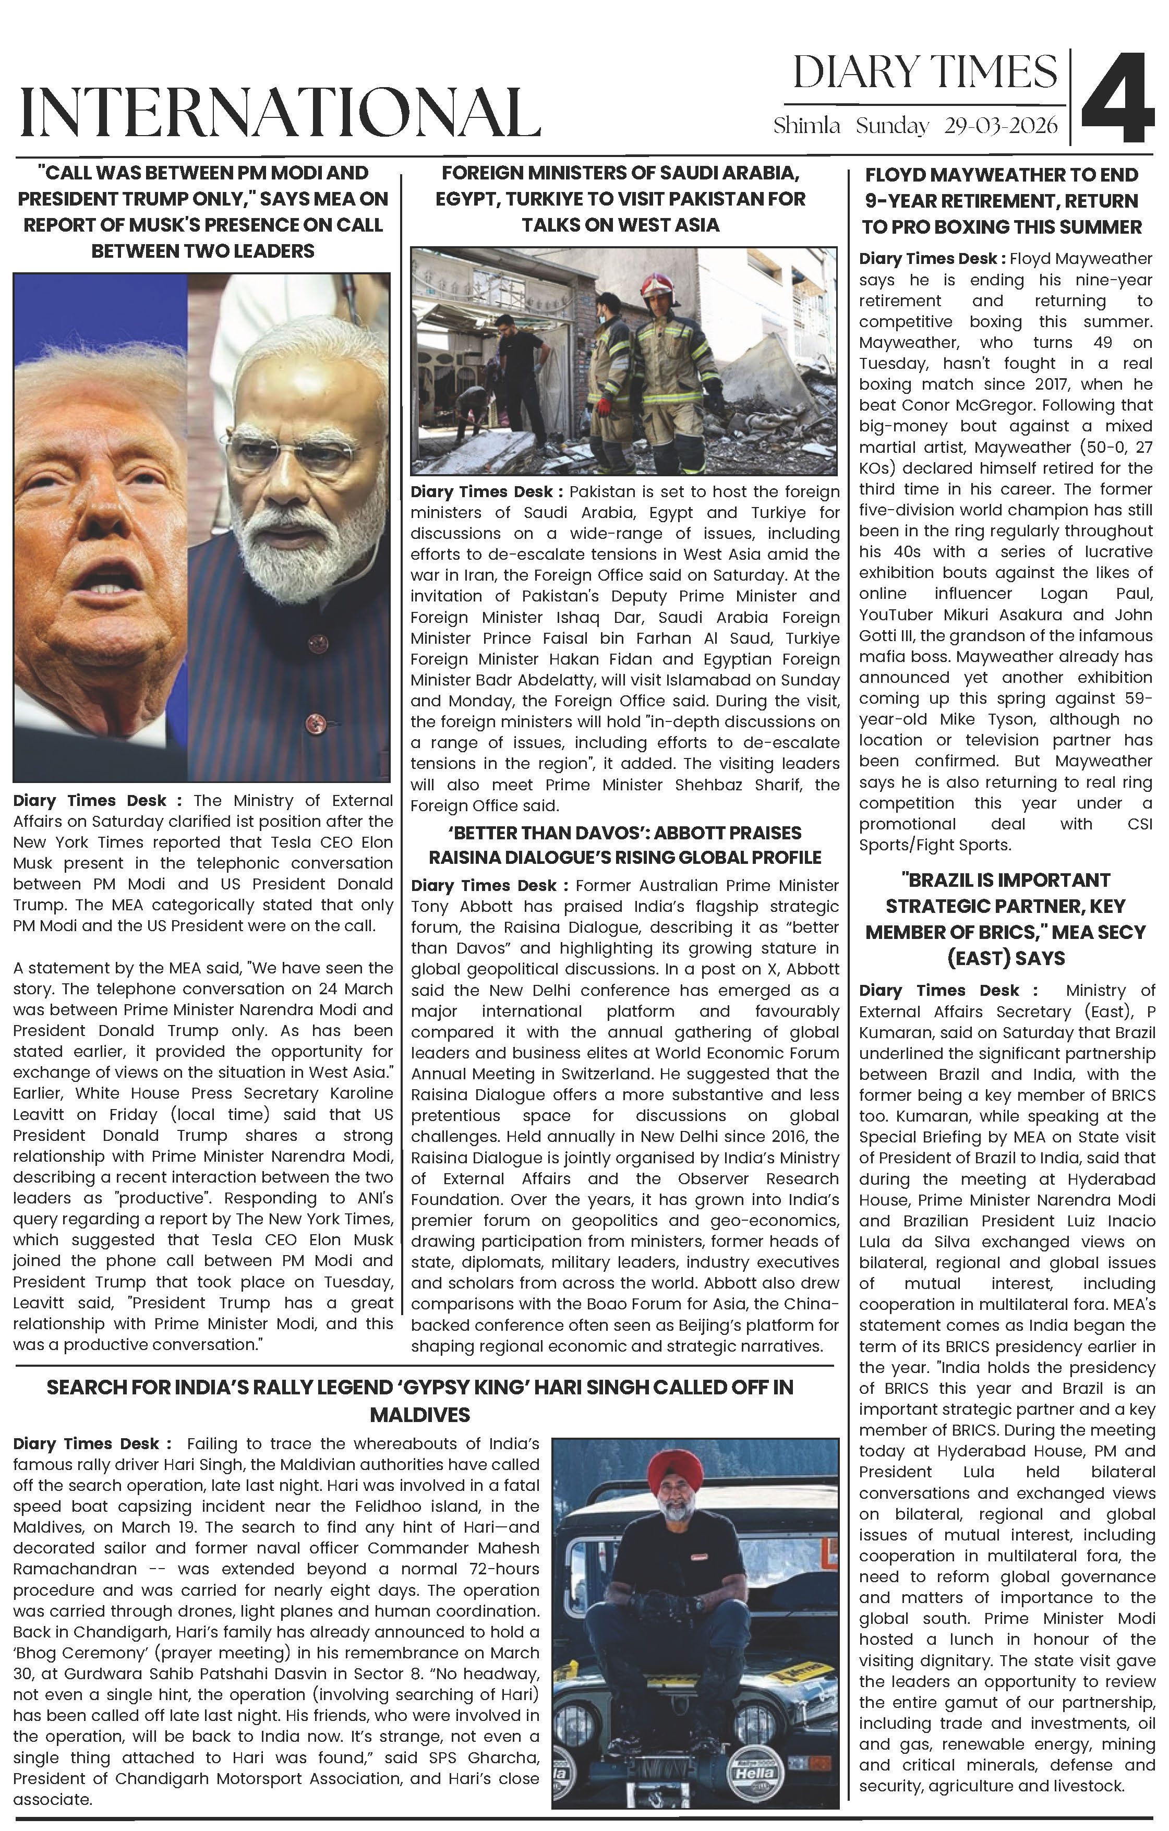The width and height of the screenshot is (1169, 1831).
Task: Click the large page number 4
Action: (x=1117, y=99)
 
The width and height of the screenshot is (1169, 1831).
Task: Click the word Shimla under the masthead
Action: (x=806, y=126)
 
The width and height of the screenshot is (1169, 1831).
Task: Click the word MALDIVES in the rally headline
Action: (x=420, y=1415)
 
